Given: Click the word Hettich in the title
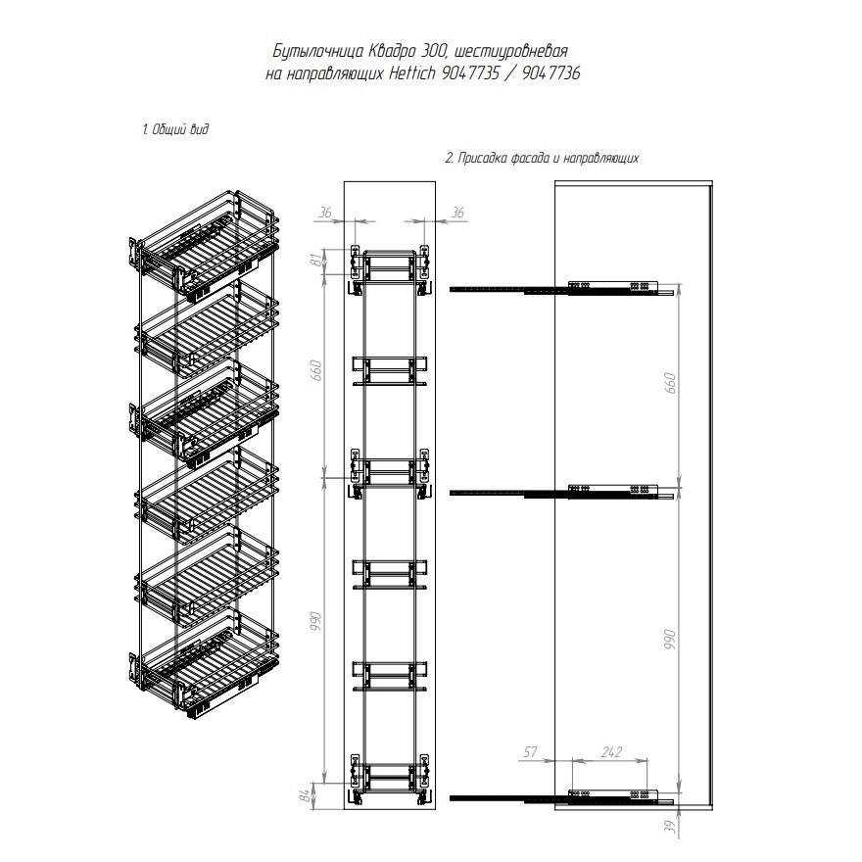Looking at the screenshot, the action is click(412, 72).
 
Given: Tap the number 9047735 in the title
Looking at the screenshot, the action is click(470, 72).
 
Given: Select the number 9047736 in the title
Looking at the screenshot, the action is click(551, 72).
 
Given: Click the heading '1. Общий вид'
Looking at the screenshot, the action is click(176, 129).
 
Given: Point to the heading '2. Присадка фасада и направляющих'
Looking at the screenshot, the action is click(542, 159).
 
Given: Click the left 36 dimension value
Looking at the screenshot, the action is click(325, 213).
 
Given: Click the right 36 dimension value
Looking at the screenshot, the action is click(457, 213).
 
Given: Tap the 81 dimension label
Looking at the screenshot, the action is click(315, 261).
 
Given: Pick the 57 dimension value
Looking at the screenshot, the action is click(531, 751).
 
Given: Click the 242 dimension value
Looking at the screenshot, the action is click(612, 751).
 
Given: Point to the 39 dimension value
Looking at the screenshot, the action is click(670, 828).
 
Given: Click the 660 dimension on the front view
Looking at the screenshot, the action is click(316, 370).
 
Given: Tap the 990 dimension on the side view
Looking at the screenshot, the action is click(670, 641).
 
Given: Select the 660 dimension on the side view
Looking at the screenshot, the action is click(670, 383).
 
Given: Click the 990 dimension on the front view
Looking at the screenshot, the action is click(316, 621).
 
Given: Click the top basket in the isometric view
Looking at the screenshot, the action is click(205, 246).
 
